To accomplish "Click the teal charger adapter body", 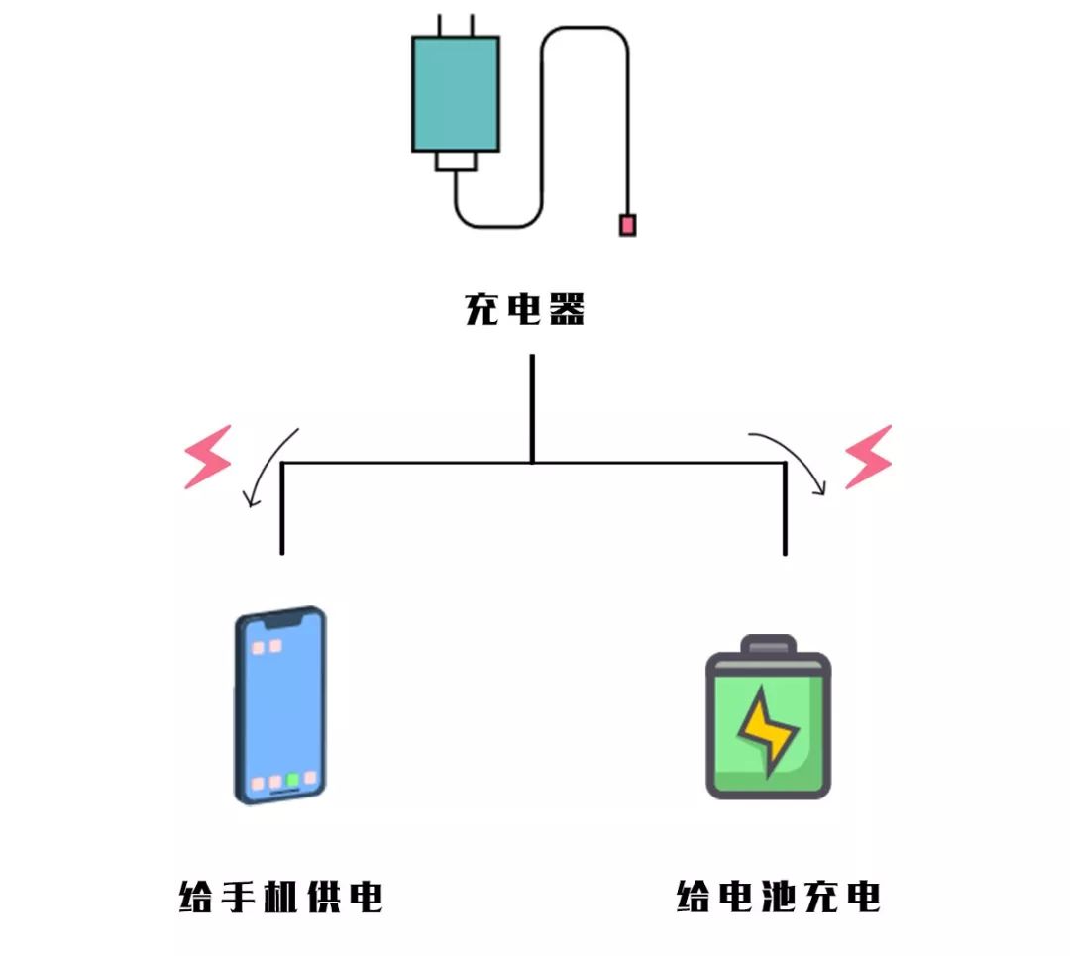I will (x=455, y=94).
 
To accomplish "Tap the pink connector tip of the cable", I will (x=627, y=225).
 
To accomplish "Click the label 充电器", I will (x=525, y=309).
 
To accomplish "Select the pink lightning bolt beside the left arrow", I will (x=208, y=457).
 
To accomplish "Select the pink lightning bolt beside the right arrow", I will (x=868, y=457).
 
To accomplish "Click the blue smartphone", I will (x=280, y=704).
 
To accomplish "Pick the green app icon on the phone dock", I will (x=293, y=780).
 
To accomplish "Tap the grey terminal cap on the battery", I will (x=768, y=645).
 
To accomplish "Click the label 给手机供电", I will (x=280, y=898).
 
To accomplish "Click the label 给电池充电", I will (x=779, y=898).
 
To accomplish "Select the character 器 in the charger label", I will (x=566, y=309).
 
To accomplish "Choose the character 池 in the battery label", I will (x=779, y=898).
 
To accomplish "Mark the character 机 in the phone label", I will (x=280, y=898).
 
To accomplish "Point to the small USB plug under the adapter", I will (x=456, y=160).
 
